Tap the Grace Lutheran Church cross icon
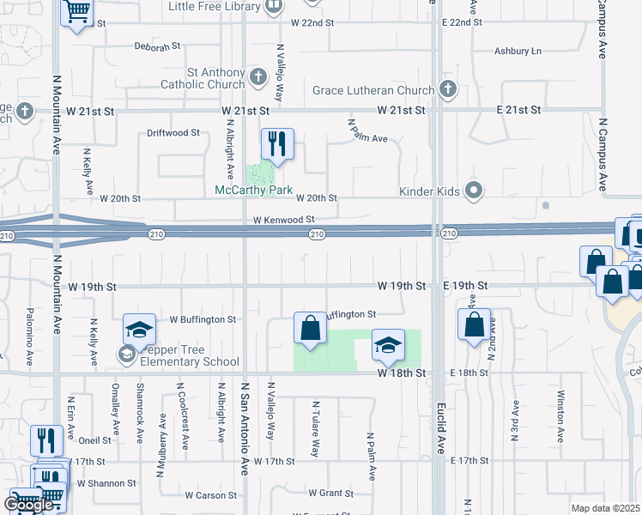pos(447,88)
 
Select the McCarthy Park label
pos(254,190)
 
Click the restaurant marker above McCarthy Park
pos(277,143)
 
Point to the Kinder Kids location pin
pos(473,191)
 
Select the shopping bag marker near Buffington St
pos(310,329)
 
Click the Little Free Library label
pos(215,6)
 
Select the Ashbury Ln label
pos(518,51)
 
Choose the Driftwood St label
pos(173,133)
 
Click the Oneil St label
pos(94,440)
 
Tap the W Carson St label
pos(210,495)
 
